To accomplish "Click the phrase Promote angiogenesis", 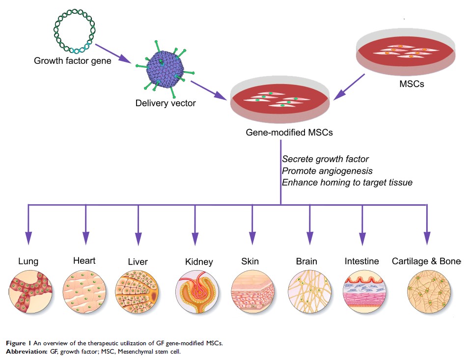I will point(324,170).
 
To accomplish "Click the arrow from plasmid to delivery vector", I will point(113,54).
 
